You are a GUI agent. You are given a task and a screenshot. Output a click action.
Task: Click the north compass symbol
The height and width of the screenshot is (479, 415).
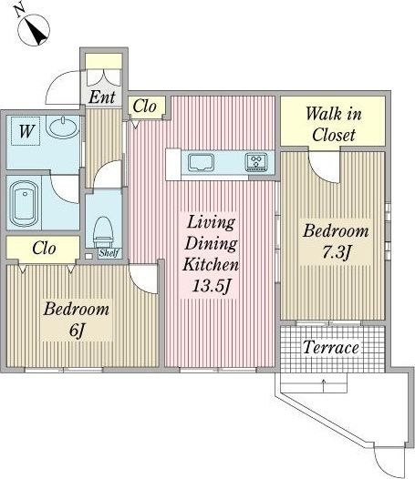pyautogui.click(x=33, y=29)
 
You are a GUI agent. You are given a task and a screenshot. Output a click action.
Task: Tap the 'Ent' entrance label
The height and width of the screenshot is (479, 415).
pyautogui.click(x=102, y=97)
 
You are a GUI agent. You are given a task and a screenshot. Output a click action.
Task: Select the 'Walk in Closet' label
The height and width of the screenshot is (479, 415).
pyautogui.click(x=334, y=124)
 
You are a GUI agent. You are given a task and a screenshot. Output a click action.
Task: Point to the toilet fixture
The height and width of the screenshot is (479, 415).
pyautogui.click(x=103, y=232)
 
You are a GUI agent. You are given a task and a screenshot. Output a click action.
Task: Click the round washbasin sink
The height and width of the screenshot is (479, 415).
pyautogui.click(x=63, y=128)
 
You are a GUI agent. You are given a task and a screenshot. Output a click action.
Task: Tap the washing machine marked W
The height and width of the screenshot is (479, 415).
pyautogui.click(x=26, y=131)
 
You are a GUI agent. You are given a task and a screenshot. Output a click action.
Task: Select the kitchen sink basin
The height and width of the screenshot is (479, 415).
pyautogui.click(x=201, y=162)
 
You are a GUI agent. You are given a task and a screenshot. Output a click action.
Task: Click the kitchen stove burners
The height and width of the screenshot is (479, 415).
pyautogui.click(x=256, y=161)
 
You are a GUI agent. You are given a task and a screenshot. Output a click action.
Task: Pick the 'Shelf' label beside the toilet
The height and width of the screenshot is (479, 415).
pyautogui.click(x=109, y=253)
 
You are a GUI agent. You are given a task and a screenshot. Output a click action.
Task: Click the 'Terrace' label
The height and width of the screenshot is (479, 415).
pyautogui.click(x=331, y=347)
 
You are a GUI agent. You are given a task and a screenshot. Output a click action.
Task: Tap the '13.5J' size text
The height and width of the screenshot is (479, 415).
pyautogui.click(x=211, y=286)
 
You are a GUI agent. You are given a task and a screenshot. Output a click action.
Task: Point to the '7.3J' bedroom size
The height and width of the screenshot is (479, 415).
pyautogui.click(x=336, y=252)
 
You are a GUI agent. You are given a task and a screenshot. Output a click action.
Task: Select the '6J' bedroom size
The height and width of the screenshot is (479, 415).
pyautogui.click(x=77, y=330)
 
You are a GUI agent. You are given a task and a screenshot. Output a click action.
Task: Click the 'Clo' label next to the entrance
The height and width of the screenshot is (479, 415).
pyautogui.click(x=144, y=107)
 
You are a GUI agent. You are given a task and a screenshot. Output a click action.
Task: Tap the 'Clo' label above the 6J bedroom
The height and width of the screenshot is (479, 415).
pyautogui.click(x=44, y=248)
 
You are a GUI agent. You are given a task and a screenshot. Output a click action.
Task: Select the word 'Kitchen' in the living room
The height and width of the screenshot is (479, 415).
pyautogui.click(x=211, y=265)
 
